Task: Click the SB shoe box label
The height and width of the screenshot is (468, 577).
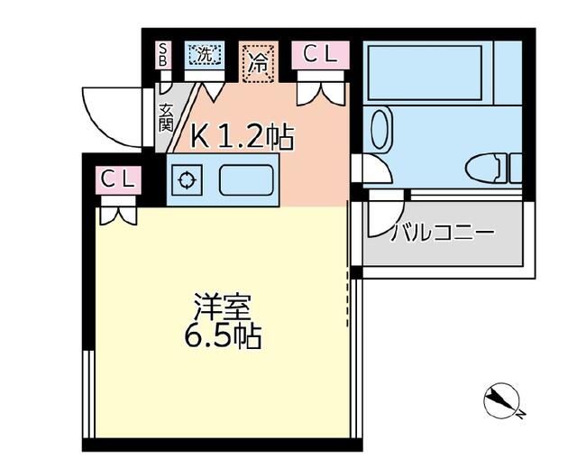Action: tap(163, 54)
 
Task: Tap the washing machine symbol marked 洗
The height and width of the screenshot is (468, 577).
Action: tap(205, 54)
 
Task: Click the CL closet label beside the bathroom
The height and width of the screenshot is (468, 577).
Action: tap(320, 54)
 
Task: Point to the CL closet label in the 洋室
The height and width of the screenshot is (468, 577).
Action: tap(118, 179)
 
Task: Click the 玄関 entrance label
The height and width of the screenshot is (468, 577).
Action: tap(166, 118)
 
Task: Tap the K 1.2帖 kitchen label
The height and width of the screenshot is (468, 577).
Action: tap(243, 137)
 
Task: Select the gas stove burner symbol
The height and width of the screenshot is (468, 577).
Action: tap(188, 180)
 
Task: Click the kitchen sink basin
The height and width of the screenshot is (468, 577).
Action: tap(246, 180)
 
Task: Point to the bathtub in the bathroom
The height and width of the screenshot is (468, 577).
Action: tap(425, 73)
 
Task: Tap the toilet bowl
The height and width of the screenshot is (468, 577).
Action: tap(483, 168)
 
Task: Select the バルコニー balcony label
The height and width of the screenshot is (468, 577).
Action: tap(443, 233)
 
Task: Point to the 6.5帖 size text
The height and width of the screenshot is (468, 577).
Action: tap(223, 336)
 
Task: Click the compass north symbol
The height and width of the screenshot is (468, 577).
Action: tap(502, 402)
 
